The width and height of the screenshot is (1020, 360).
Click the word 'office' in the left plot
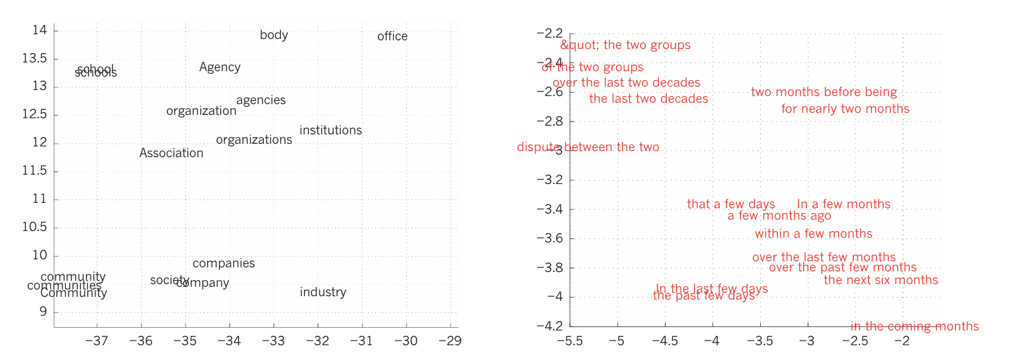(x=392, y=36)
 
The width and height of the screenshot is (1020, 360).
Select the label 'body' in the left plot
(x=274, y=35)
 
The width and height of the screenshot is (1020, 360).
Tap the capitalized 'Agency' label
(x=220, y=67)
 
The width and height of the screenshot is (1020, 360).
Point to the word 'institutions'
(x=330, y=130)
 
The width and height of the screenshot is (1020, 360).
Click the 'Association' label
(x=171, y=153)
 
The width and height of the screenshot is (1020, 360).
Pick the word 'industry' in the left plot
(x=323, y=292)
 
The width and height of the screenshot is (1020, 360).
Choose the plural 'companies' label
(x=224, y=263)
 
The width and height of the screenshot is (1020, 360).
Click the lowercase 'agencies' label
(x=261, y=100)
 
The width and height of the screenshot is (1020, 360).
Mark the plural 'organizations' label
(x=254, y=140)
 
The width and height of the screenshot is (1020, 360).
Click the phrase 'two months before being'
(x=823, y=93)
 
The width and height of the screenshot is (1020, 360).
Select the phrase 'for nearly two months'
(x=845, y=109)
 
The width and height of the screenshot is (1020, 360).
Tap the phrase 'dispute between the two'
(x=588, y=147)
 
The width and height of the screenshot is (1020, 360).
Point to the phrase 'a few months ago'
(x=779, y=216)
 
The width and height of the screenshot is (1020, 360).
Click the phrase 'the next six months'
(x=880, y=280)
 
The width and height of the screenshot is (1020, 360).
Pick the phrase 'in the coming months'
(x=914, y=326)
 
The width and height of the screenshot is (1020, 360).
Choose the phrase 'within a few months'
(x=813, y=234)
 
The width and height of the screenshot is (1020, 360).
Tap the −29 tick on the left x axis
(x=450, y=341)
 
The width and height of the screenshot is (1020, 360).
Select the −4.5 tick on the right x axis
(x=665, y=341)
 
